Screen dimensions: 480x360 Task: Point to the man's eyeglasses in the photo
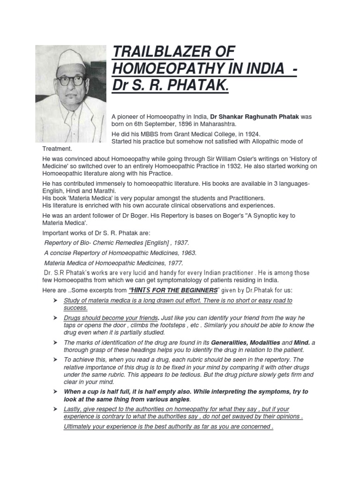pos(70,80)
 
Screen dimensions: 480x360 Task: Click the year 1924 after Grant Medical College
pos(249,134)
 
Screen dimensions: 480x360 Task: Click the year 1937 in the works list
pos(179,242)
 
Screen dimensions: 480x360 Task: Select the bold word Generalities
pos(234,343)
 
